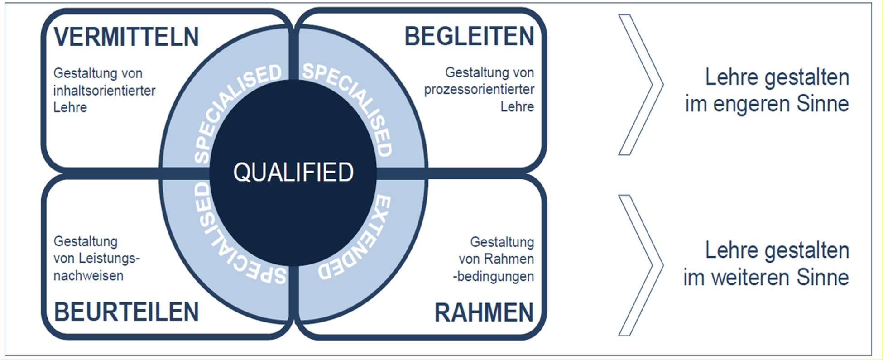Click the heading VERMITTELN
coord(126,37)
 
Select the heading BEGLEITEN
coord(469,36)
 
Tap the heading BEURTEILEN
coord(126,312)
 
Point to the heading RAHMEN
coord(484,312)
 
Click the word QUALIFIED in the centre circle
coord(293,172)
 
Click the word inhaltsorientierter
coord(104,91)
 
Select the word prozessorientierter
coord(479,89)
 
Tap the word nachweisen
coord(88,276)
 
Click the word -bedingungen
coord(494,276)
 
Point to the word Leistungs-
coord(109,259)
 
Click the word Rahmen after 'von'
coord(509,259)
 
